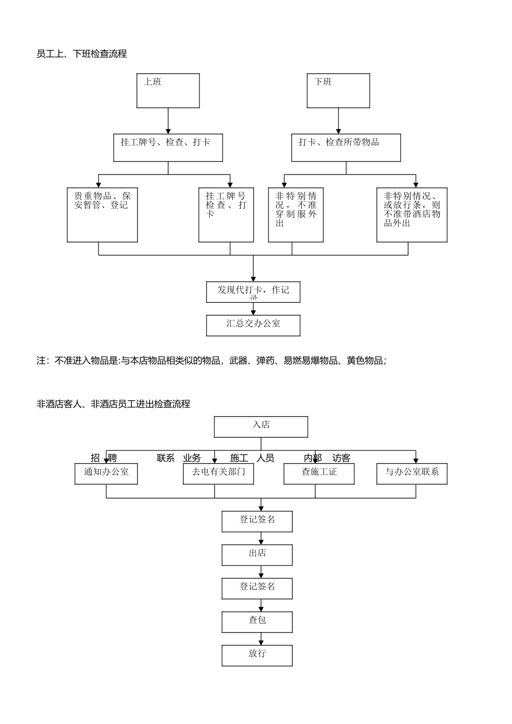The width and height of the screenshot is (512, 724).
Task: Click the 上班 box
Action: tap(168, 90)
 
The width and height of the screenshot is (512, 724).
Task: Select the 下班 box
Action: tap(338, 90)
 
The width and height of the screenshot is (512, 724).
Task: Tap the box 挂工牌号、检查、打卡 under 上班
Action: tap(168, 148)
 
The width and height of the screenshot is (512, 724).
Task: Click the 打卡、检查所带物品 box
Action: tap(346, 148)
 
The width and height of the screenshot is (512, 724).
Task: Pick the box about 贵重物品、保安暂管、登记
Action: tap(102, 215)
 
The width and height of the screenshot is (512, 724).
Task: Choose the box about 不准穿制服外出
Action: tap(296, 215)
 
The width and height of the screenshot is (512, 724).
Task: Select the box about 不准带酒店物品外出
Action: tap(412, 215)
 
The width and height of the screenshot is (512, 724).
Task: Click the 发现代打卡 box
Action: tap(253, 292)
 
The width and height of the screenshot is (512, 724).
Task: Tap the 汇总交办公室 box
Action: tap(253, 325)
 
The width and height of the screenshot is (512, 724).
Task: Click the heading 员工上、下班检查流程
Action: tap(81, 54)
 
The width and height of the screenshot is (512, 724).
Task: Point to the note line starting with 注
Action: tap(211, 361)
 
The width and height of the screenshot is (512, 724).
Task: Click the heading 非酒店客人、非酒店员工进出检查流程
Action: tap(113, 404)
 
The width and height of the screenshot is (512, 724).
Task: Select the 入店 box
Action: tap(261, 427)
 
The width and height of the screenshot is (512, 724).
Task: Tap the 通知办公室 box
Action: tap(106, 474)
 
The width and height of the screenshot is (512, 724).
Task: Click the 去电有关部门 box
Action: tap(218, 474)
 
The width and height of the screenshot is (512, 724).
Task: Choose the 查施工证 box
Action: tap(319, 474)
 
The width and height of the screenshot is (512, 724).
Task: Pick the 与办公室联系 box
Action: tap(412, 474)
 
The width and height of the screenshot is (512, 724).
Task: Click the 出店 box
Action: tap(257, 555)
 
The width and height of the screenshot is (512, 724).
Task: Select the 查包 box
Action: tap(257, 622)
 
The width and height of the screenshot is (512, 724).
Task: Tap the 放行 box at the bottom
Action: tap(257, 656)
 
